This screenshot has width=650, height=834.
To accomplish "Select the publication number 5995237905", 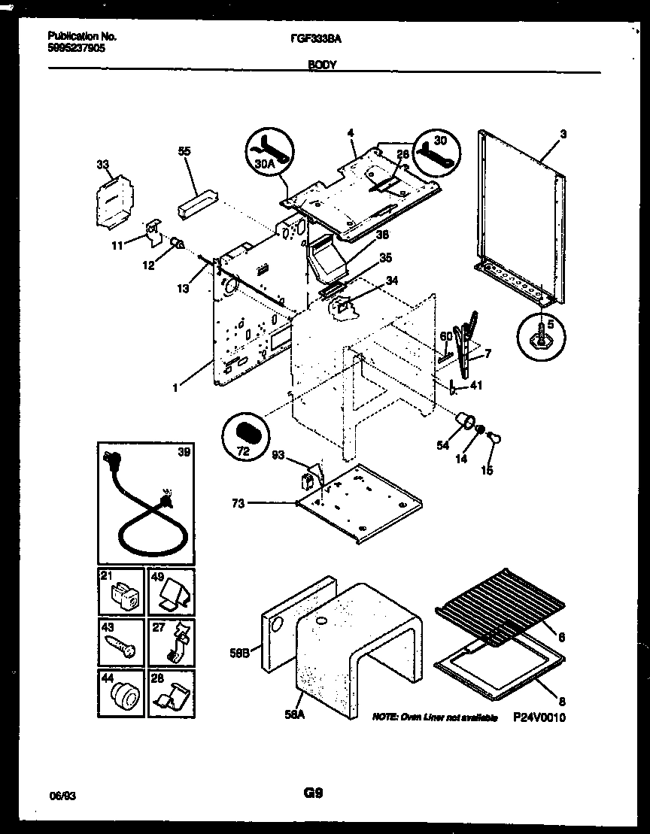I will click(x=75, y=47).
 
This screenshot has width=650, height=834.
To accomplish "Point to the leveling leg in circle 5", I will click(x=542, y=337).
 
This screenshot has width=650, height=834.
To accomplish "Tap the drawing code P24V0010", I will click(x=539, y=718).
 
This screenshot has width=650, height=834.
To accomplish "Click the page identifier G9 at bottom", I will click(x=313, y=793).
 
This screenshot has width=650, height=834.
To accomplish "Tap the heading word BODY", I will click(x=322, y=65).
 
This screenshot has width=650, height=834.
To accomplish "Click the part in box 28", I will click(x=172, y=696).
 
